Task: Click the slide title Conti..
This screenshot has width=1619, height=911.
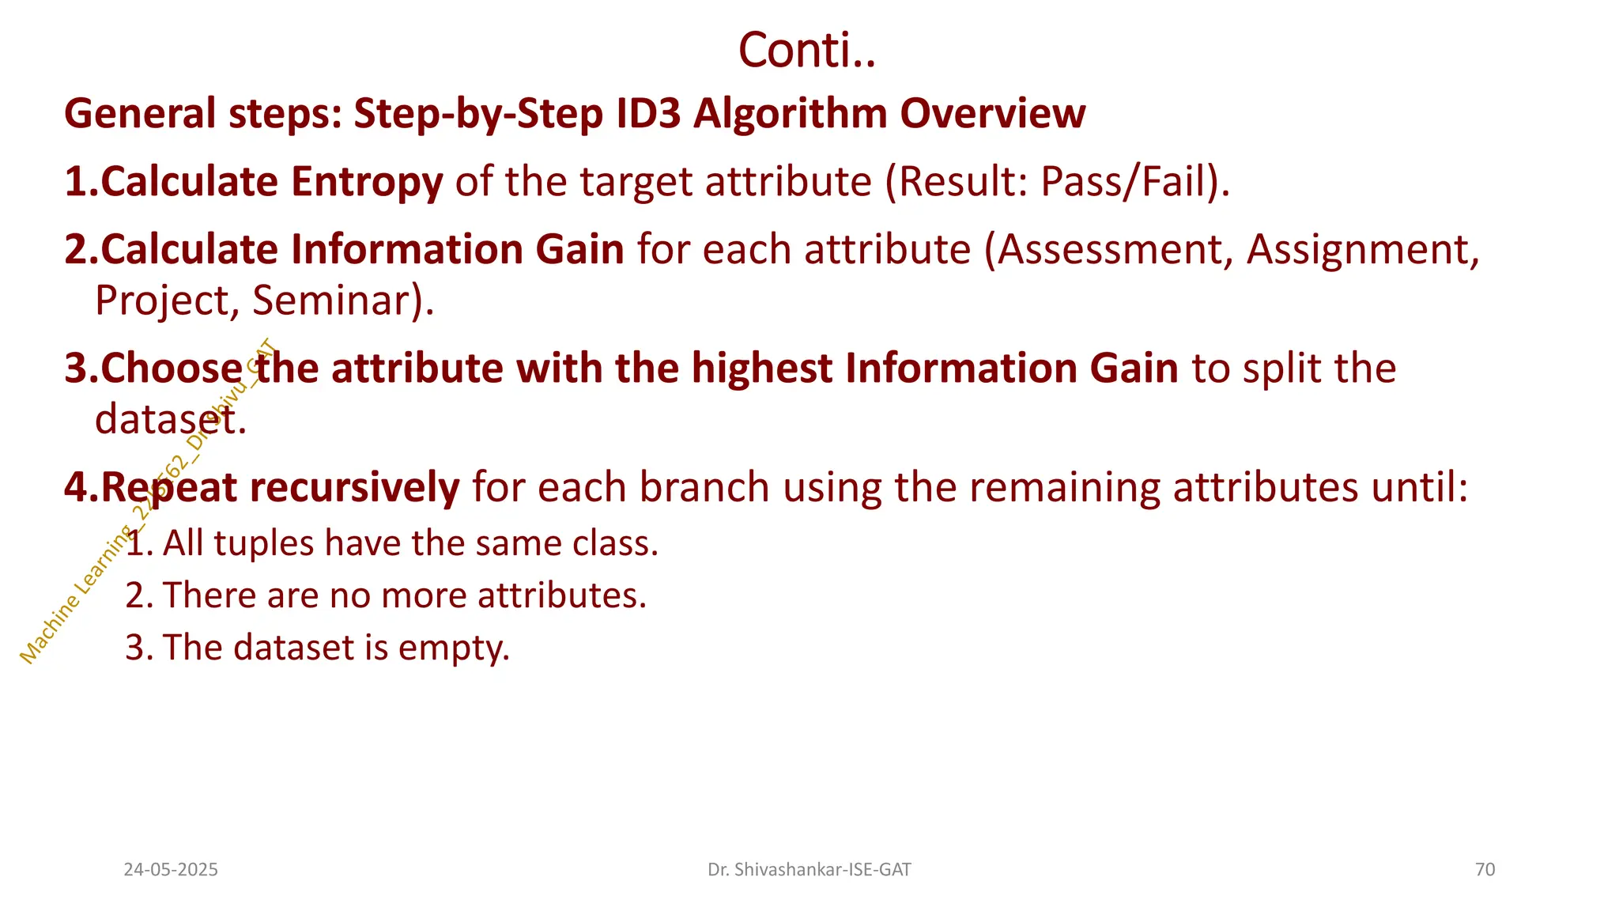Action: (806, 51)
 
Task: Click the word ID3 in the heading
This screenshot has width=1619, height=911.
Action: (647, 113)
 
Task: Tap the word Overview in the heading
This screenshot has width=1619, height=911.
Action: (992, 113)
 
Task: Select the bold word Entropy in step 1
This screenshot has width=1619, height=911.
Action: (367, 183)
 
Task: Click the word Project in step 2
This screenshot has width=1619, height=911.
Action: (162, 301)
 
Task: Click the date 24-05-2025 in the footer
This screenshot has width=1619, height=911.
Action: (171, 870)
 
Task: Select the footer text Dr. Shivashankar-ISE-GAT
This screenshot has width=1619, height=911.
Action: (809, 870)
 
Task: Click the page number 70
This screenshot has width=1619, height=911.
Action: (1485, 870)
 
